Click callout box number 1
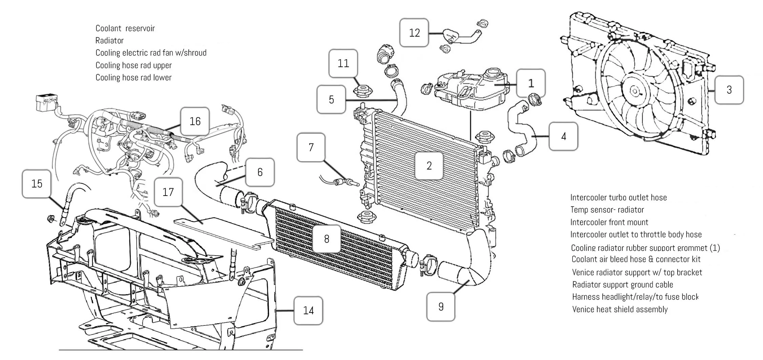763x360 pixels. pos(531,83)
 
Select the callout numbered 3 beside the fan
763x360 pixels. pos(729,89)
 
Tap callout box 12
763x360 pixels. pos(414,33)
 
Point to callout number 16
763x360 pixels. pos(195,121)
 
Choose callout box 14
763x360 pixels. pos(308,310)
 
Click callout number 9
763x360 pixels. pos(440,306)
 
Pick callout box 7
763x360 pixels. pos(311,147)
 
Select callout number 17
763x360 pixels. pos(168,192)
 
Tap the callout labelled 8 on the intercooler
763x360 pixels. pos(326,239)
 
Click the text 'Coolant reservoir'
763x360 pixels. pos(125,28)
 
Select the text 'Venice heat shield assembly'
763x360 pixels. pos(620,309)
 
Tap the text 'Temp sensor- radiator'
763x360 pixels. pos(607,209)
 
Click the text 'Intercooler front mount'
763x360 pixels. pos(609,222)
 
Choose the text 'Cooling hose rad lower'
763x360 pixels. pos(133,77)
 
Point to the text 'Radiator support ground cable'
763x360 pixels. pos(623,284)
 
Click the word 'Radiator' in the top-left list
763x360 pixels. pos(109,40)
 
